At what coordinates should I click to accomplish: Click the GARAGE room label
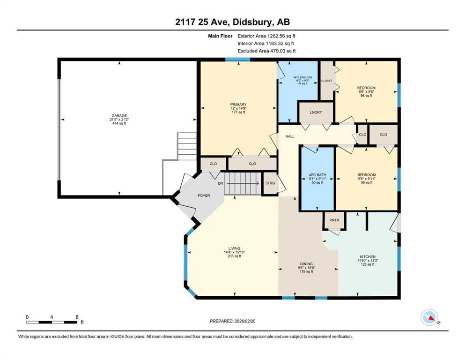[x=119, y=116]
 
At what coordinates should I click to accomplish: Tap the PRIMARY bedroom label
[x=238, y=105]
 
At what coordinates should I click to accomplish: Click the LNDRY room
[x=316, y=112]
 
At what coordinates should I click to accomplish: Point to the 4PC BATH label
[x=317, y=175]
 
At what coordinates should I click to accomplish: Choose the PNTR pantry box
[x=334, y=219]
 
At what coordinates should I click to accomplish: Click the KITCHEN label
[x=368, y=256]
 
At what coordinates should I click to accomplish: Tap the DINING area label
[x=307, y=264]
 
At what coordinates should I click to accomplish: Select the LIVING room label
[x=234, y=248]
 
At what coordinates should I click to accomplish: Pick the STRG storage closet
[x=270, y=183]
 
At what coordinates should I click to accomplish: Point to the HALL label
[x=290, y=136]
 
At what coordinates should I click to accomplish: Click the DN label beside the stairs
[x=220, y=183]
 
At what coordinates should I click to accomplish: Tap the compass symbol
[x=430, y=317]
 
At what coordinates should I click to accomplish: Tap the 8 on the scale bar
[x=77, y=317]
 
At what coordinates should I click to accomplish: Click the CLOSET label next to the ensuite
[x=326, y=81]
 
